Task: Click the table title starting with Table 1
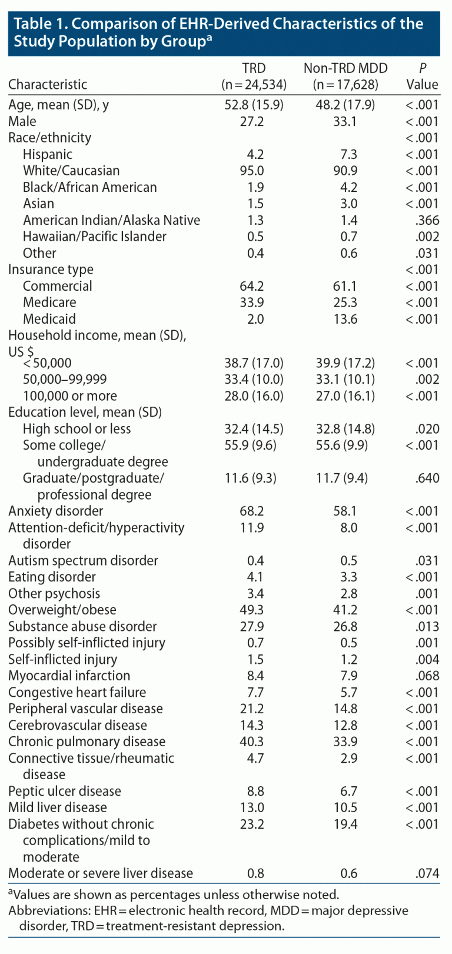(x=218, y=32)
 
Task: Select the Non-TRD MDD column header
(x=345, y=77)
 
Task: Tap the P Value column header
(x=422, y=77)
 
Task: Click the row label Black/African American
(x=89, y=187)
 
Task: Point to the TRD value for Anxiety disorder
(x=252, y=511)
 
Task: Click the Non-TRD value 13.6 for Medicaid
(x=345, y=319)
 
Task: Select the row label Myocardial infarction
(x=69, y=676)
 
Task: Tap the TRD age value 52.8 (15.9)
(x=254, y=105)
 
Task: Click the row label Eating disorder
(x=52, y=577)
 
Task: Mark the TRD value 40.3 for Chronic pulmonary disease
(x=252, y=742)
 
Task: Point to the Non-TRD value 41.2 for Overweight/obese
(x=345, y=610)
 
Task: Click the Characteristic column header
(x=48, y=84)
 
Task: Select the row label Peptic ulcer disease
(x=65, y=791)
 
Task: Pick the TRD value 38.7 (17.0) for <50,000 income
(x=254, y=363)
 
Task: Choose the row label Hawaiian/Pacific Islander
(x=94, y=237)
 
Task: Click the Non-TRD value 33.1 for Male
(x=345, y=121)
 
